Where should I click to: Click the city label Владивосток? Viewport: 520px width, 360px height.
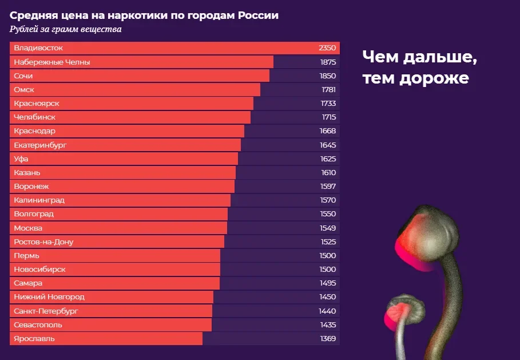(x=38, y=48)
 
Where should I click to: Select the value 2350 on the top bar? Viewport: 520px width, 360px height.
(x=327, y=48)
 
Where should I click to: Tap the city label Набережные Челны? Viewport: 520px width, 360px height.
(x=52, y=62)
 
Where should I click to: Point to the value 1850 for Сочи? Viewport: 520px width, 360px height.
(x=328, y=76)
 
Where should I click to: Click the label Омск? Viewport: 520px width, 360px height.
(x=24, y=89)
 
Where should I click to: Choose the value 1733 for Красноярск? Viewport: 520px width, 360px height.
(x=328, y=104)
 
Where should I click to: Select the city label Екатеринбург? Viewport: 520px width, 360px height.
(x=40, y=145)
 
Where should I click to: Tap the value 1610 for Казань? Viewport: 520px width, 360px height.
(x=328, y=173)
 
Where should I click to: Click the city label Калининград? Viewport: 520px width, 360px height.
(x=39, y=200)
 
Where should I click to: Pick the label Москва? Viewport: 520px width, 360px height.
(x=28, y=228)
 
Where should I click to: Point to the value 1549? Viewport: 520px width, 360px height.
(x=328, y=228)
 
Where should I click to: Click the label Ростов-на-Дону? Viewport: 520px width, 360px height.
(x=43, y=242)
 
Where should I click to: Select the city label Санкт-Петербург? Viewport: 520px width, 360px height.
(x=46, y=311)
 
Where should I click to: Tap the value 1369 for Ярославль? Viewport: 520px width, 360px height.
(x=328, y=339)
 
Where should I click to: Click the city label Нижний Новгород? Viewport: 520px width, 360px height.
(x=49, y=297)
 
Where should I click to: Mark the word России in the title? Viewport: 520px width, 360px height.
(x=259, y=15)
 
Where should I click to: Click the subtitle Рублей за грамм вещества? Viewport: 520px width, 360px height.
(x=66, y=29)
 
